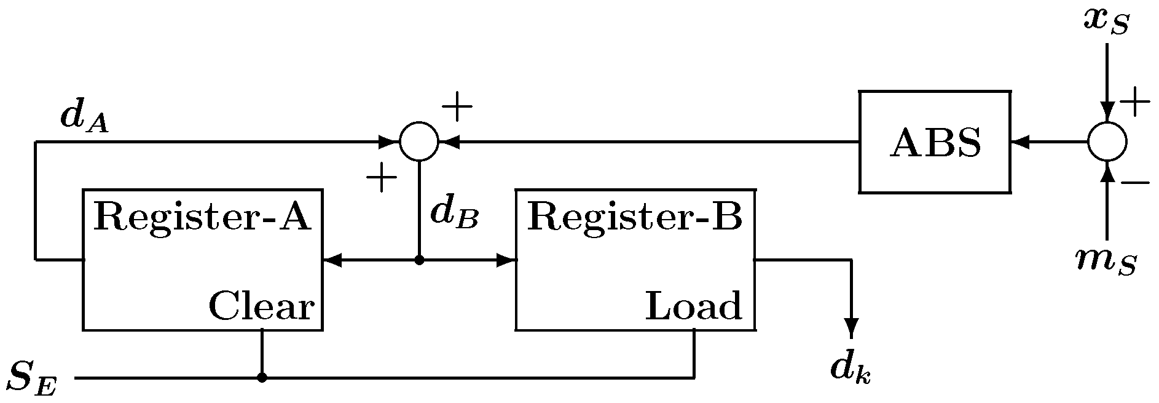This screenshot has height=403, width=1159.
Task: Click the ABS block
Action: (x=934, y=142)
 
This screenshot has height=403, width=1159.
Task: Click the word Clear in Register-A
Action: (x=262, y=306)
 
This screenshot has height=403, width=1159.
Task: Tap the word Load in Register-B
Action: (x=693, y=306)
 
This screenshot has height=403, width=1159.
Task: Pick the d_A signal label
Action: (x=84, y=116)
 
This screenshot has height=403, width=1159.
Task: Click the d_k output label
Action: (x=851, y=369)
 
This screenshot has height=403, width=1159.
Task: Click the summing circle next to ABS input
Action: (x=1107, y=142)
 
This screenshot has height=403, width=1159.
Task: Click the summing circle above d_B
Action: (x=419, y=142)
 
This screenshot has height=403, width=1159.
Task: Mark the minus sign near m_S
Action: (x=1134, y=183)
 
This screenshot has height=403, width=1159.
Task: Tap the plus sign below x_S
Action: (x=1134, y=102)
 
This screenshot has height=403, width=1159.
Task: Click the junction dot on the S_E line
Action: (x=262, y=378)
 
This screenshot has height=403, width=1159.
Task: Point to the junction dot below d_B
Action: (x=419, y=260)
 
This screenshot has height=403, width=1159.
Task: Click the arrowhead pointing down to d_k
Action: (x=851, y=328)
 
